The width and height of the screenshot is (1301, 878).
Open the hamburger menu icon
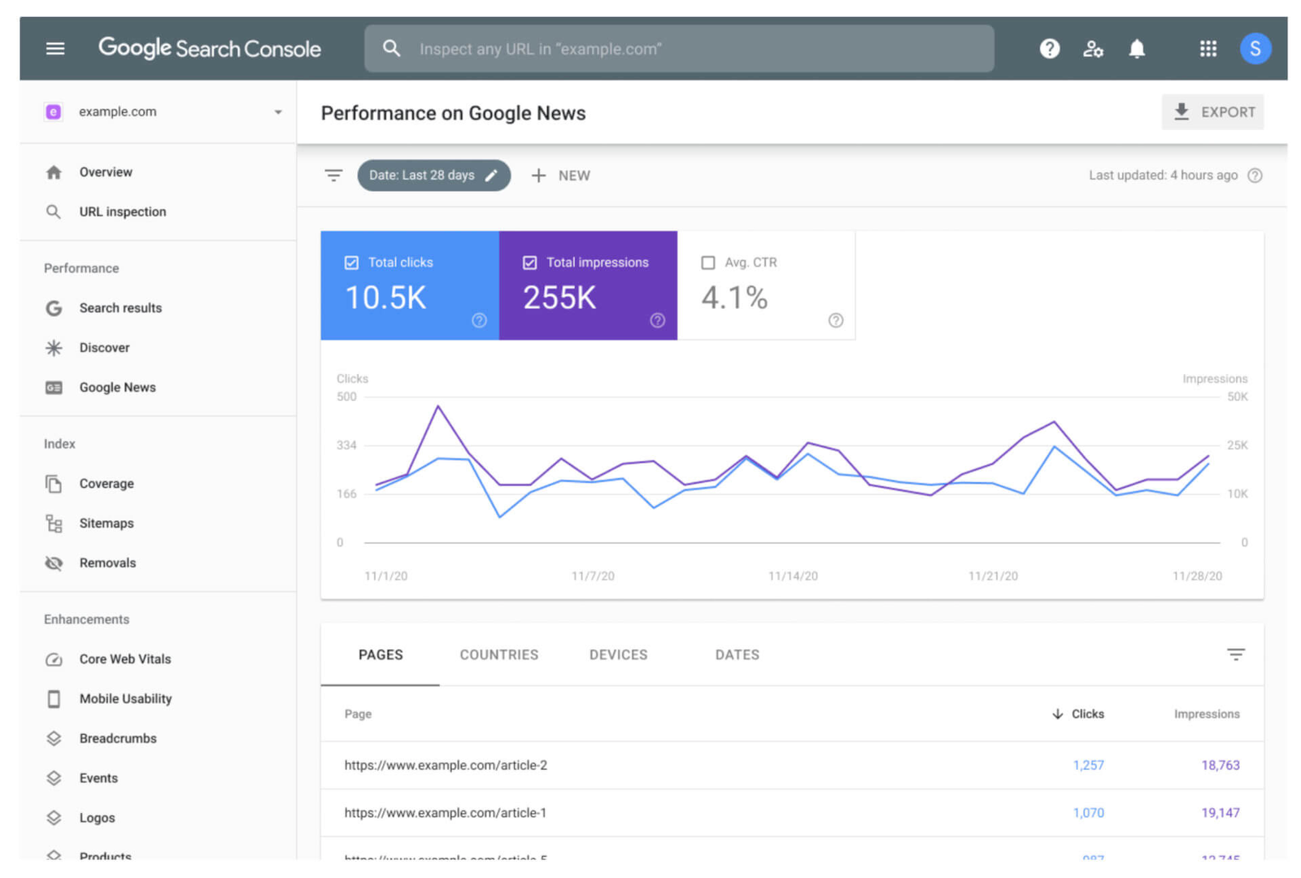[55, 49]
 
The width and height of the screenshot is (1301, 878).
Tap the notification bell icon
[1136, 49]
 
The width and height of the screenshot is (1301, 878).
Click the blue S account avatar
[1254, 49]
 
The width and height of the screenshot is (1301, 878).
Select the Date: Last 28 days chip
[433, 176]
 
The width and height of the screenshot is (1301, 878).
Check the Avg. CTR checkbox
[708, 263]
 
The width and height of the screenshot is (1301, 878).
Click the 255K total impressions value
[559, 298]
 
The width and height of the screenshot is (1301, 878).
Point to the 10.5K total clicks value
[385, 298]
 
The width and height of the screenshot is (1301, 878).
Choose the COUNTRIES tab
[498, 654]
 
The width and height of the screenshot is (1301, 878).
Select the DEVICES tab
[618, 654]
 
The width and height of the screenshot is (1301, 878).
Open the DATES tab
[737, 654]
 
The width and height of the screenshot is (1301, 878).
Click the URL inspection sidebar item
[122, 211]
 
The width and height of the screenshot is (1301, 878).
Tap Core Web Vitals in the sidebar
[124, 658]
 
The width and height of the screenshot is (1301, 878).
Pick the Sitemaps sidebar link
[106, 523]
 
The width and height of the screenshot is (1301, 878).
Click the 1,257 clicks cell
[1088, 765]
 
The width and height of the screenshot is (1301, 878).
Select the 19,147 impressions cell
[1220, 812]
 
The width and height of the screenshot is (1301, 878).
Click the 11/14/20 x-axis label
[793, 576]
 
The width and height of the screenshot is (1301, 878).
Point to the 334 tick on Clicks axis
[346, 446]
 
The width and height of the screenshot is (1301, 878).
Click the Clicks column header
[1086, 714]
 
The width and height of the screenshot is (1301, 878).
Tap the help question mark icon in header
[1049, 49]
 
